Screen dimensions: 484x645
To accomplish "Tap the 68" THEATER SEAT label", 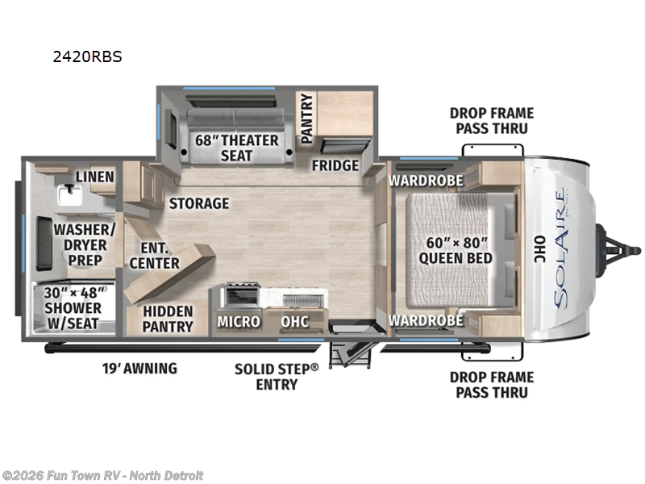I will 236,148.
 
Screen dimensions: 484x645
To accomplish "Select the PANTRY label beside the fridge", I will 306,119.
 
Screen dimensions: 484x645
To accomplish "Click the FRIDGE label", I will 335,165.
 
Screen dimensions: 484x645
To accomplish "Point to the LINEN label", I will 94,177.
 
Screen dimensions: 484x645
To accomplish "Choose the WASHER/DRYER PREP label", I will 78,244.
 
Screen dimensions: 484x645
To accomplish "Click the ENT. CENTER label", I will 154,254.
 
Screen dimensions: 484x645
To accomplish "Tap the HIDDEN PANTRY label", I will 168,318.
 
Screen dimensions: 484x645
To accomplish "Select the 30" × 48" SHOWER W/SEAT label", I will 73,308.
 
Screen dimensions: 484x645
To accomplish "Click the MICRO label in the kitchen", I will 238,321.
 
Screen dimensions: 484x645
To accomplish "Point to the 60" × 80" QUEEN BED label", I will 455,250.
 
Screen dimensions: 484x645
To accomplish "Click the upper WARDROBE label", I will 425,180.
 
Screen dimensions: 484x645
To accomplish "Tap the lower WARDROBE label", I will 425,320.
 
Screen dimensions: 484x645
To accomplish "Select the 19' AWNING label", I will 139,369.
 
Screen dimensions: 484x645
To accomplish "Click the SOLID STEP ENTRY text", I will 277,376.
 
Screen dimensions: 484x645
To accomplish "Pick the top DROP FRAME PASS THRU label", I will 491,121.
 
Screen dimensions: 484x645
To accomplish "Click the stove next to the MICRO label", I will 239,294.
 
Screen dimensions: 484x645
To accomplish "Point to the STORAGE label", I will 198,203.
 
